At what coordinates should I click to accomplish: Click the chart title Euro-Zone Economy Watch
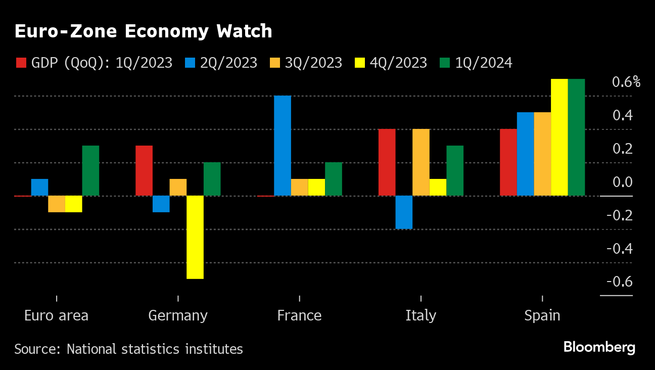tap(143, 31)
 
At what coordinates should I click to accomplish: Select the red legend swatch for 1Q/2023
tap(21, 63)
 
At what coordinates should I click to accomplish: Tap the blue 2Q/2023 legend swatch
tap(190, 63)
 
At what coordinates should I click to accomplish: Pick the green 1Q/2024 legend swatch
tap(445, 63)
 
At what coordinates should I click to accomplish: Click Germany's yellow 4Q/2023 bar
tap(195, 237)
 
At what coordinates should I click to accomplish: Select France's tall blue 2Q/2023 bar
tap(283, 146)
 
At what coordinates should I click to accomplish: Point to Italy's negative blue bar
tap(404, 212)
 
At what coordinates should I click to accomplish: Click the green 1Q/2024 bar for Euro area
tap(90, 171)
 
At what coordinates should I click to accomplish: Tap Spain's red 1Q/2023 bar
tap(508, 162)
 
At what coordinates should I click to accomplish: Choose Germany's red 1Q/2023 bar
tap(144, 171)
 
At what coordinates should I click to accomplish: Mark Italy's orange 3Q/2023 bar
tap(421, 162)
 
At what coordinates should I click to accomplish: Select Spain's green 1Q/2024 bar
tap(576, 137)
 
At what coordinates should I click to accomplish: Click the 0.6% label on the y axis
tap(626, 82)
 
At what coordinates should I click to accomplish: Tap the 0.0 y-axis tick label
tap(621, 182)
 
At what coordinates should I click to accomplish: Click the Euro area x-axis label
tap(56, 316)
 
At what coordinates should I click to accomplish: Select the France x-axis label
tap(299, 316)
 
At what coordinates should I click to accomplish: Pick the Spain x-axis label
tap(542, 316)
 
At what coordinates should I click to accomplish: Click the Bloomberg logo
tap(599, 347)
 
